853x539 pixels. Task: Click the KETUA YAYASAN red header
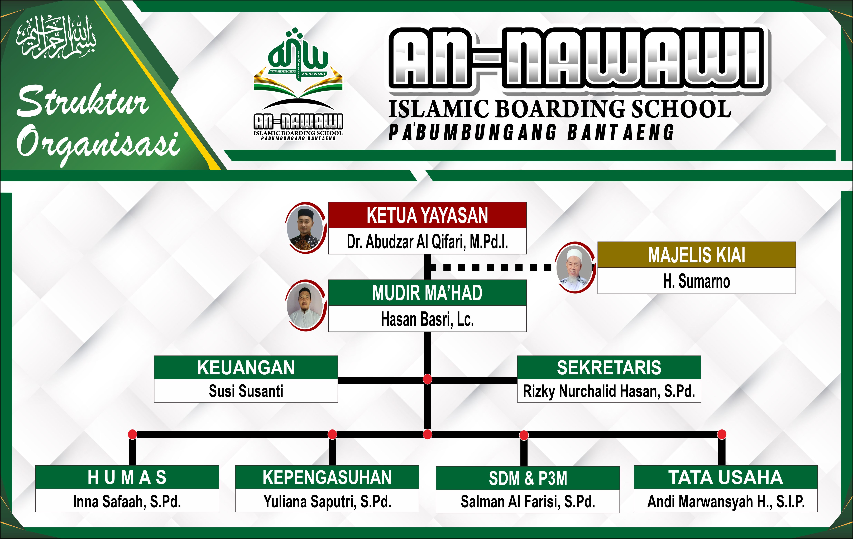click(427, 215)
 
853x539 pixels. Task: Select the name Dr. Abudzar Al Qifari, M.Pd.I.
click(427, 242)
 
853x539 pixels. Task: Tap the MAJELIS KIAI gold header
click(696, 255)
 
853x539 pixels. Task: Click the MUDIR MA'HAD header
click(427, 293)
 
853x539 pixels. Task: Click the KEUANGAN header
click(246, 367)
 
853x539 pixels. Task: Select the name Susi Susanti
click(246, 391)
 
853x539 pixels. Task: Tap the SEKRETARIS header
click(609, 367)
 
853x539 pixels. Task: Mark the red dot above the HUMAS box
click(132, 434)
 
